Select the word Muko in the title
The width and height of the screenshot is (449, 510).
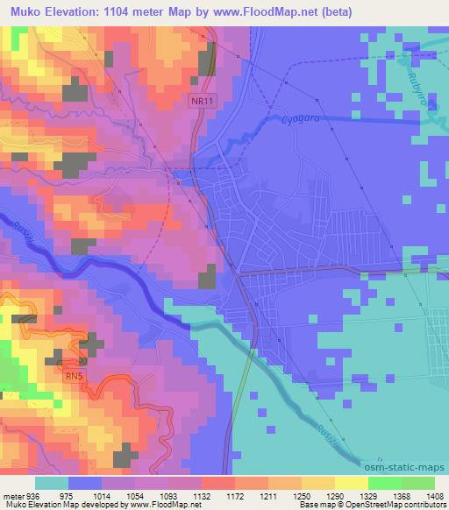[20, 11]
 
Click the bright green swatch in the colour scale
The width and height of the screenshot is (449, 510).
[384, 482]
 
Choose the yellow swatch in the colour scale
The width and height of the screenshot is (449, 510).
[352, 482]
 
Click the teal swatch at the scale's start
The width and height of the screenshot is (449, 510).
[52, 482]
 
